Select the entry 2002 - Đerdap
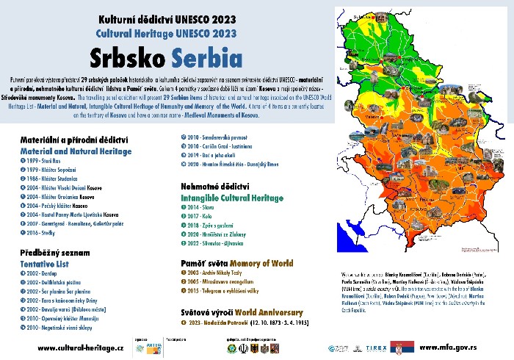[x=43, y=272]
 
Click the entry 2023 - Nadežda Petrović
[x=220, y=322]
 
